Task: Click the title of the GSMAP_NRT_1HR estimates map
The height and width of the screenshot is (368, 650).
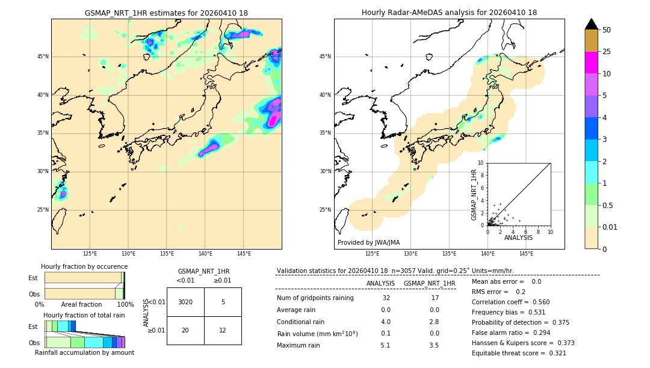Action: (x=166, y=13)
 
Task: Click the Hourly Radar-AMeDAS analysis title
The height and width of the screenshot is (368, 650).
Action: (x=449, y=13)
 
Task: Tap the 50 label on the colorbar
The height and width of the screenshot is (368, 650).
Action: (x=607, y=30)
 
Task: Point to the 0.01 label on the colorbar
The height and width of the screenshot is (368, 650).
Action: (x=610, y=227)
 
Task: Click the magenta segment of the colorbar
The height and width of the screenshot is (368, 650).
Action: (x=592, y=63)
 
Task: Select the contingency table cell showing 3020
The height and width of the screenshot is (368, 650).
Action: (x=185, y=302)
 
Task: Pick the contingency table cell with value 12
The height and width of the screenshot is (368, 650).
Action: (x=223, y=330)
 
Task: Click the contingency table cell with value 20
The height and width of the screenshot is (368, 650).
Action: (x=185, y=330)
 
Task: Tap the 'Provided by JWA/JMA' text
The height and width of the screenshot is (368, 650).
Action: (x=368, y=243)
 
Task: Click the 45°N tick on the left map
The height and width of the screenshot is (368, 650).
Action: (x=43, y=57)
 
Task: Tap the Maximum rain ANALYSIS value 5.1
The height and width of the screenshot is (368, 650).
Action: (x=385, y=345)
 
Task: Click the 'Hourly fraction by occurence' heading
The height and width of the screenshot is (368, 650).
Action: (x=84, y=266)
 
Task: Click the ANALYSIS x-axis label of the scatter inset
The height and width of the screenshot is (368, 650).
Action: (x=519, y=238)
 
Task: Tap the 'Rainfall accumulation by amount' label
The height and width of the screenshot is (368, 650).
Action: (x=84, y=352)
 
